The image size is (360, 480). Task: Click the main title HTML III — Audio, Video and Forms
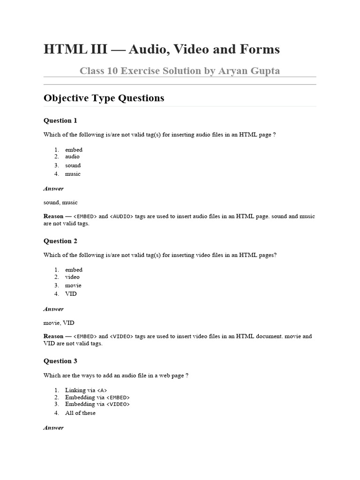[x=162, y=49]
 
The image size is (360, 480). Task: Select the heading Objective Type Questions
[x=104, y=98]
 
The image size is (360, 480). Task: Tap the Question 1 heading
[x=60, y=120]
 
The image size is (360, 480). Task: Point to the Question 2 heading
[x=60, y=241]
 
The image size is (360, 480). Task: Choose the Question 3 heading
[x=60, y=361]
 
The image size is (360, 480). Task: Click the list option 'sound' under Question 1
[x=73, y=165]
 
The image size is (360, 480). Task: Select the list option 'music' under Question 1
[x=73, y=173]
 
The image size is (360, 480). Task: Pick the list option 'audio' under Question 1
[x=72, y=157]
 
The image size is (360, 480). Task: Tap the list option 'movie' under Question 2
[x=73, y=285]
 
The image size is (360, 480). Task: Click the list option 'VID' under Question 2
[x=71, y=294]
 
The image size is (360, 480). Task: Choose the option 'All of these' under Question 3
[x=80, y=413]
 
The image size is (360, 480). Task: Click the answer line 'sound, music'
[x=60, y=202]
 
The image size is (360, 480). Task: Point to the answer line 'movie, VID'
[x=59, y=322]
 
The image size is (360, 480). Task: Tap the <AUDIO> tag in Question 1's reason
[x=121, y=217]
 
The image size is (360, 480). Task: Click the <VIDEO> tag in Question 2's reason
[x=121, y=337]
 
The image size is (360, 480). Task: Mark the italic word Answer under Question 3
[x=53, y=427]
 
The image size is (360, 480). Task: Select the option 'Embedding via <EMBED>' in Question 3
[x=97, y=397]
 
